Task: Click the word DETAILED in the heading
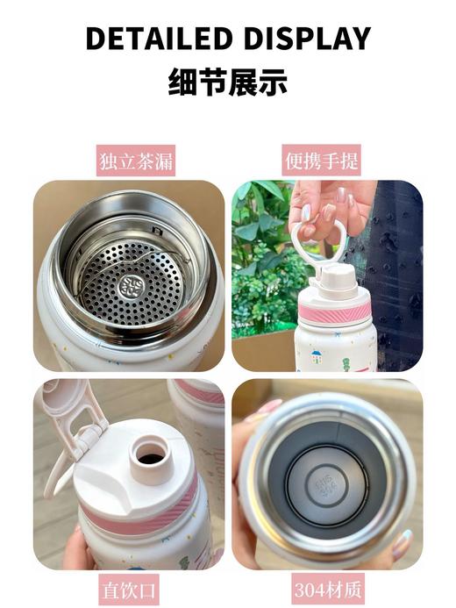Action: [157, 39]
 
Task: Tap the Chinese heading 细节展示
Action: [228, 83]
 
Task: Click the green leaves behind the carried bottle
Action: [259, 263]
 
